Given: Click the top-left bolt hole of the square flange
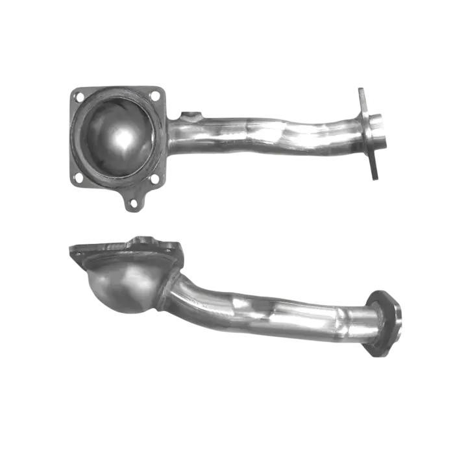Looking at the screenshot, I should click(x=79, y=97).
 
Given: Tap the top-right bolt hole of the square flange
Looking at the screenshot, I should click(x=154, y=95).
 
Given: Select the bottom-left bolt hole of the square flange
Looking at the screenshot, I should click(x=78, y=177).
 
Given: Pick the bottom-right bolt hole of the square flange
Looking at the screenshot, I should click(x=153, y=178).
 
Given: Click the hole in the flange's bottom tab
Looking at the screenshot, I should click(x=134, y=202).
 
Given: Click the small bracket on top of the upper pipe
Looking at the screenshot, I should click(x=190, y=117).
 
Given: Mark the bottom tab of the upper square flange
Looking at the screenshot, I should click(x=134, y=199).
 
